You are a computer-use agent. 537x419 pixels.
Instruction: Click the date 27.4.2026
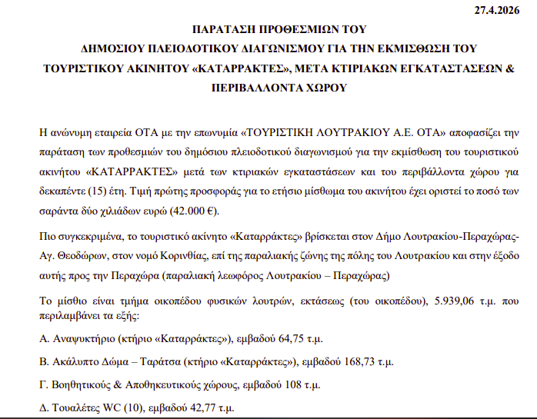click(502, 10)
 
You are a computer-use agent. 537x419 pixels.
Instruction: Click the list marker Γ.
click(43, 384)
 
